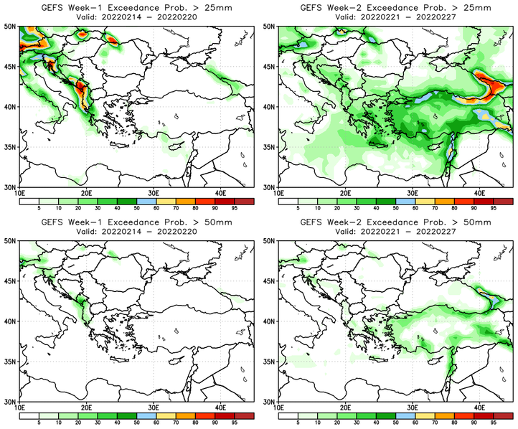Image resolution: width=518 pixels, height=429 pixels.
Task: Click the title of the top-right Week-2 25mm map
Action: (396, 7)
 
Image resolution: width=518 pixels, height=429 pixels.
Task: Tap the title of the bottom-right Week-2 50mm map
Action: (396, 223)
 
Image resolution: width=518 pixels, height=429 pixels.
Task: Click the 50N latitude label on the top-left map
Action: (10, 26)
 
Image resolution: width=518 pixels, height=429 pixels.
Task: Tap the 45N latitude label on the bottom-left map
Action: (10, 282)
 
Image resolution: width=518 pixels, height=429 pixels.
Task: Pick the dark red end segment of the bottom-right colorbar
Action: (504, 415)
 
